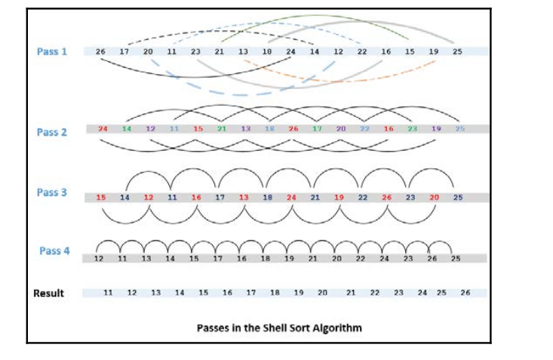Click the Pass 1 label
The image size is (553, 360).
pyautogui.click(x=51, y=52)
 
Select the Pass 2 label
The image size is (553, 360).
pyautogui.click(x=51, y=132)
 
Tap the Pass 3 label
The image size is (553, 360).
pyautogui.click(x=51, y=192)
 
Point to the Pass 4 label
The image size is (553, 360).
pyautogui.click(x=54, y=251)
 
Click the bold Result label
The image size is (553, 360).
pyautogui.click(x=49, y=293)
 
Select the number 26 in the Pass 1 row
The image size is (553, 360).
pyautogui.click(x=101, y=52)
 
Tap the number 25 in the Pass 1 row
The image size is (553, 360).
pyautogui.click(x=457, y=52)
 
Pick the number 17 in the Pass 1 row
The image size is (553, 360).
pyautogui.click(x=124, y=52)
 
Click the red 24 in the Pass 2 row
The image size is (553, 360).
pyautogui.click(x=103, y=129)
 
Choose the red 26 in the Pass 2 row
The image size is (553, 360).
pyautogui.click(x=293, y=129)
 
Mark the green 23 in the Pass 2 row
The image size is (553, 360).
pyautogui.click(x=412, y=129)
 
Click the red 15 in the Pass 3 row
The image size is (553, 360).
pyautogui.click(x=101, y=198)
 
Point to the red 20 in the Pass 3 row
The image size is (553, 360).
pyautogui.click(x=433, y=198)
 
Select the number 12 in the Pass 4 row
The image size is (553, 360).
pyautogui.click(x=98, y=258)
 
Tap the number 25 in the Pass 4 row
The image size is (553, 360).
pyautogui.click(x=455, y=258)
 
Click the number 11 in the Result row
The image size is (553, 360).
pyautogui.click(x=108, y=292)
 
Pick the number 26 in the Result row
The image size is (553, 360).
pyautogui.click(x=464, y=292)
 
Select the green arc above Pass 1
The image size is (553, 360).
pyautogui.click(x=317, y=17)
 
